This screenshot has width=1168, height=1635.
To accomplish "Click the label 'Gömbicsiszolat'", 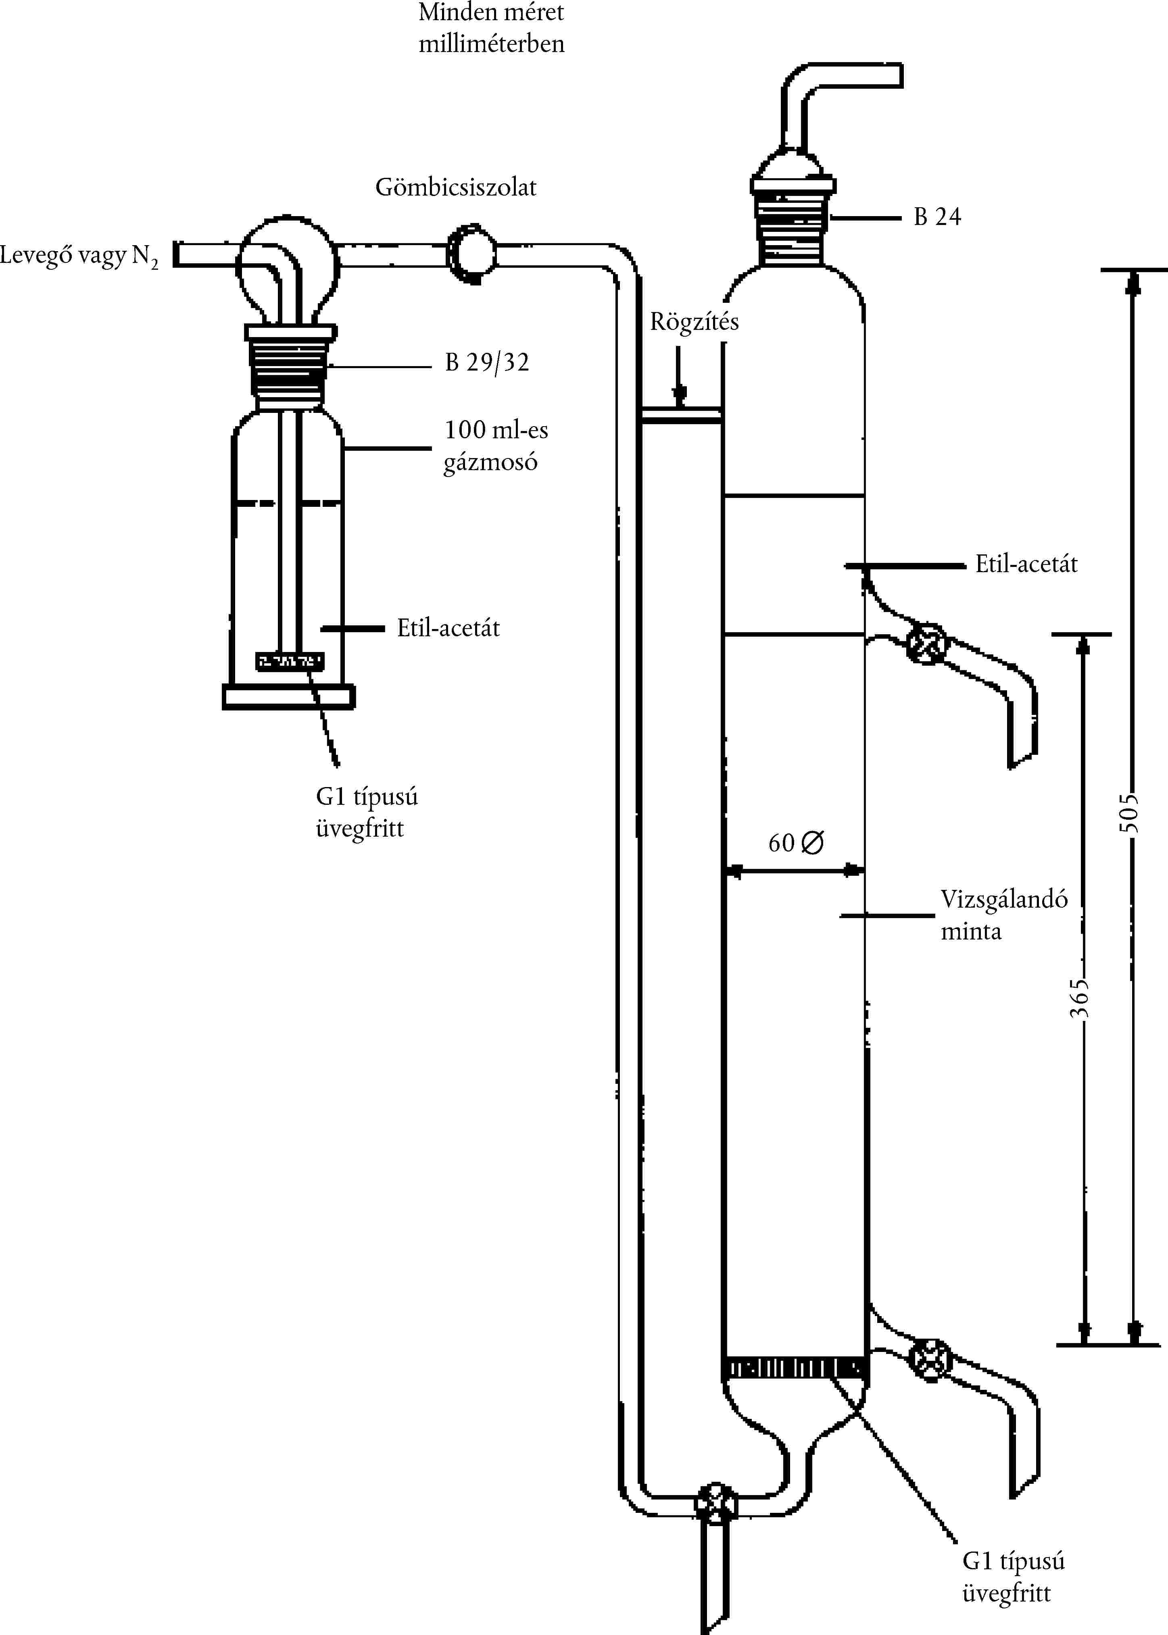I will tap(456, 187).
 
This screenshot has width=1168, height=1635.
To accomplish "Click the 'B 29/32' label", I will tap(487, 362).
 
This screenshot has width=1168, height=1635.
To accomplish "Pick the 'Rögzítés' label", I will tap(694, 321).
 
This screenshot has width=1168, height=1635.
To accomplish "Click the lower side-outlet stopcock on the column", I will tap(930, 1360).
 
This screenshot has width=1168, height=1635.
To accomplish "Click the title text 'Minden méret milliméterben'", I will tap(491, 28).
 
